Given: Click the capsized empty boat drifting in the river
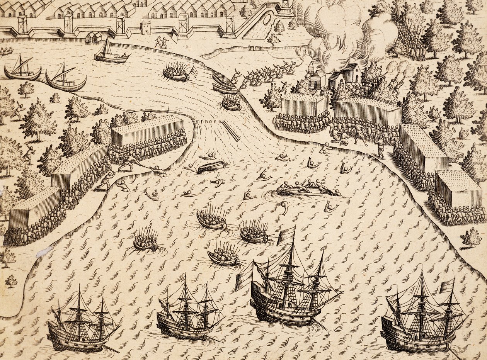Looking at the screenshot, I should click(x=211, y=167).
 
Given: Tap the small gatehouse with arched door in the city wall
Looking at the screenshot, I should click(x=146, y=28).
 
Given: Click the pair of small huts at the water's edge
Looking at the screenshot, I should click(x=93, y=37).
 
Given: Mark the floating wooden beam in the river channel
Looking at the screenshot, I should click(x=230, y=131).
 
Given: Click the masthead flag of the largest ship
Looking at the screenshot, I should click(x=286, y=234).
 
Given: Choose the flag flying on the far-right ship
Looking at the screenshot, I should click(x=447, y=286).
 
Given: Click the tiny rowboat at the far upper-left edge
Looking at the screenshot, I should click(x=5, y=51).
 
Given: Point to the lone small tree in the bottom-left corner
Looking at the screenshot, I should click(x=11, y=281).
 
